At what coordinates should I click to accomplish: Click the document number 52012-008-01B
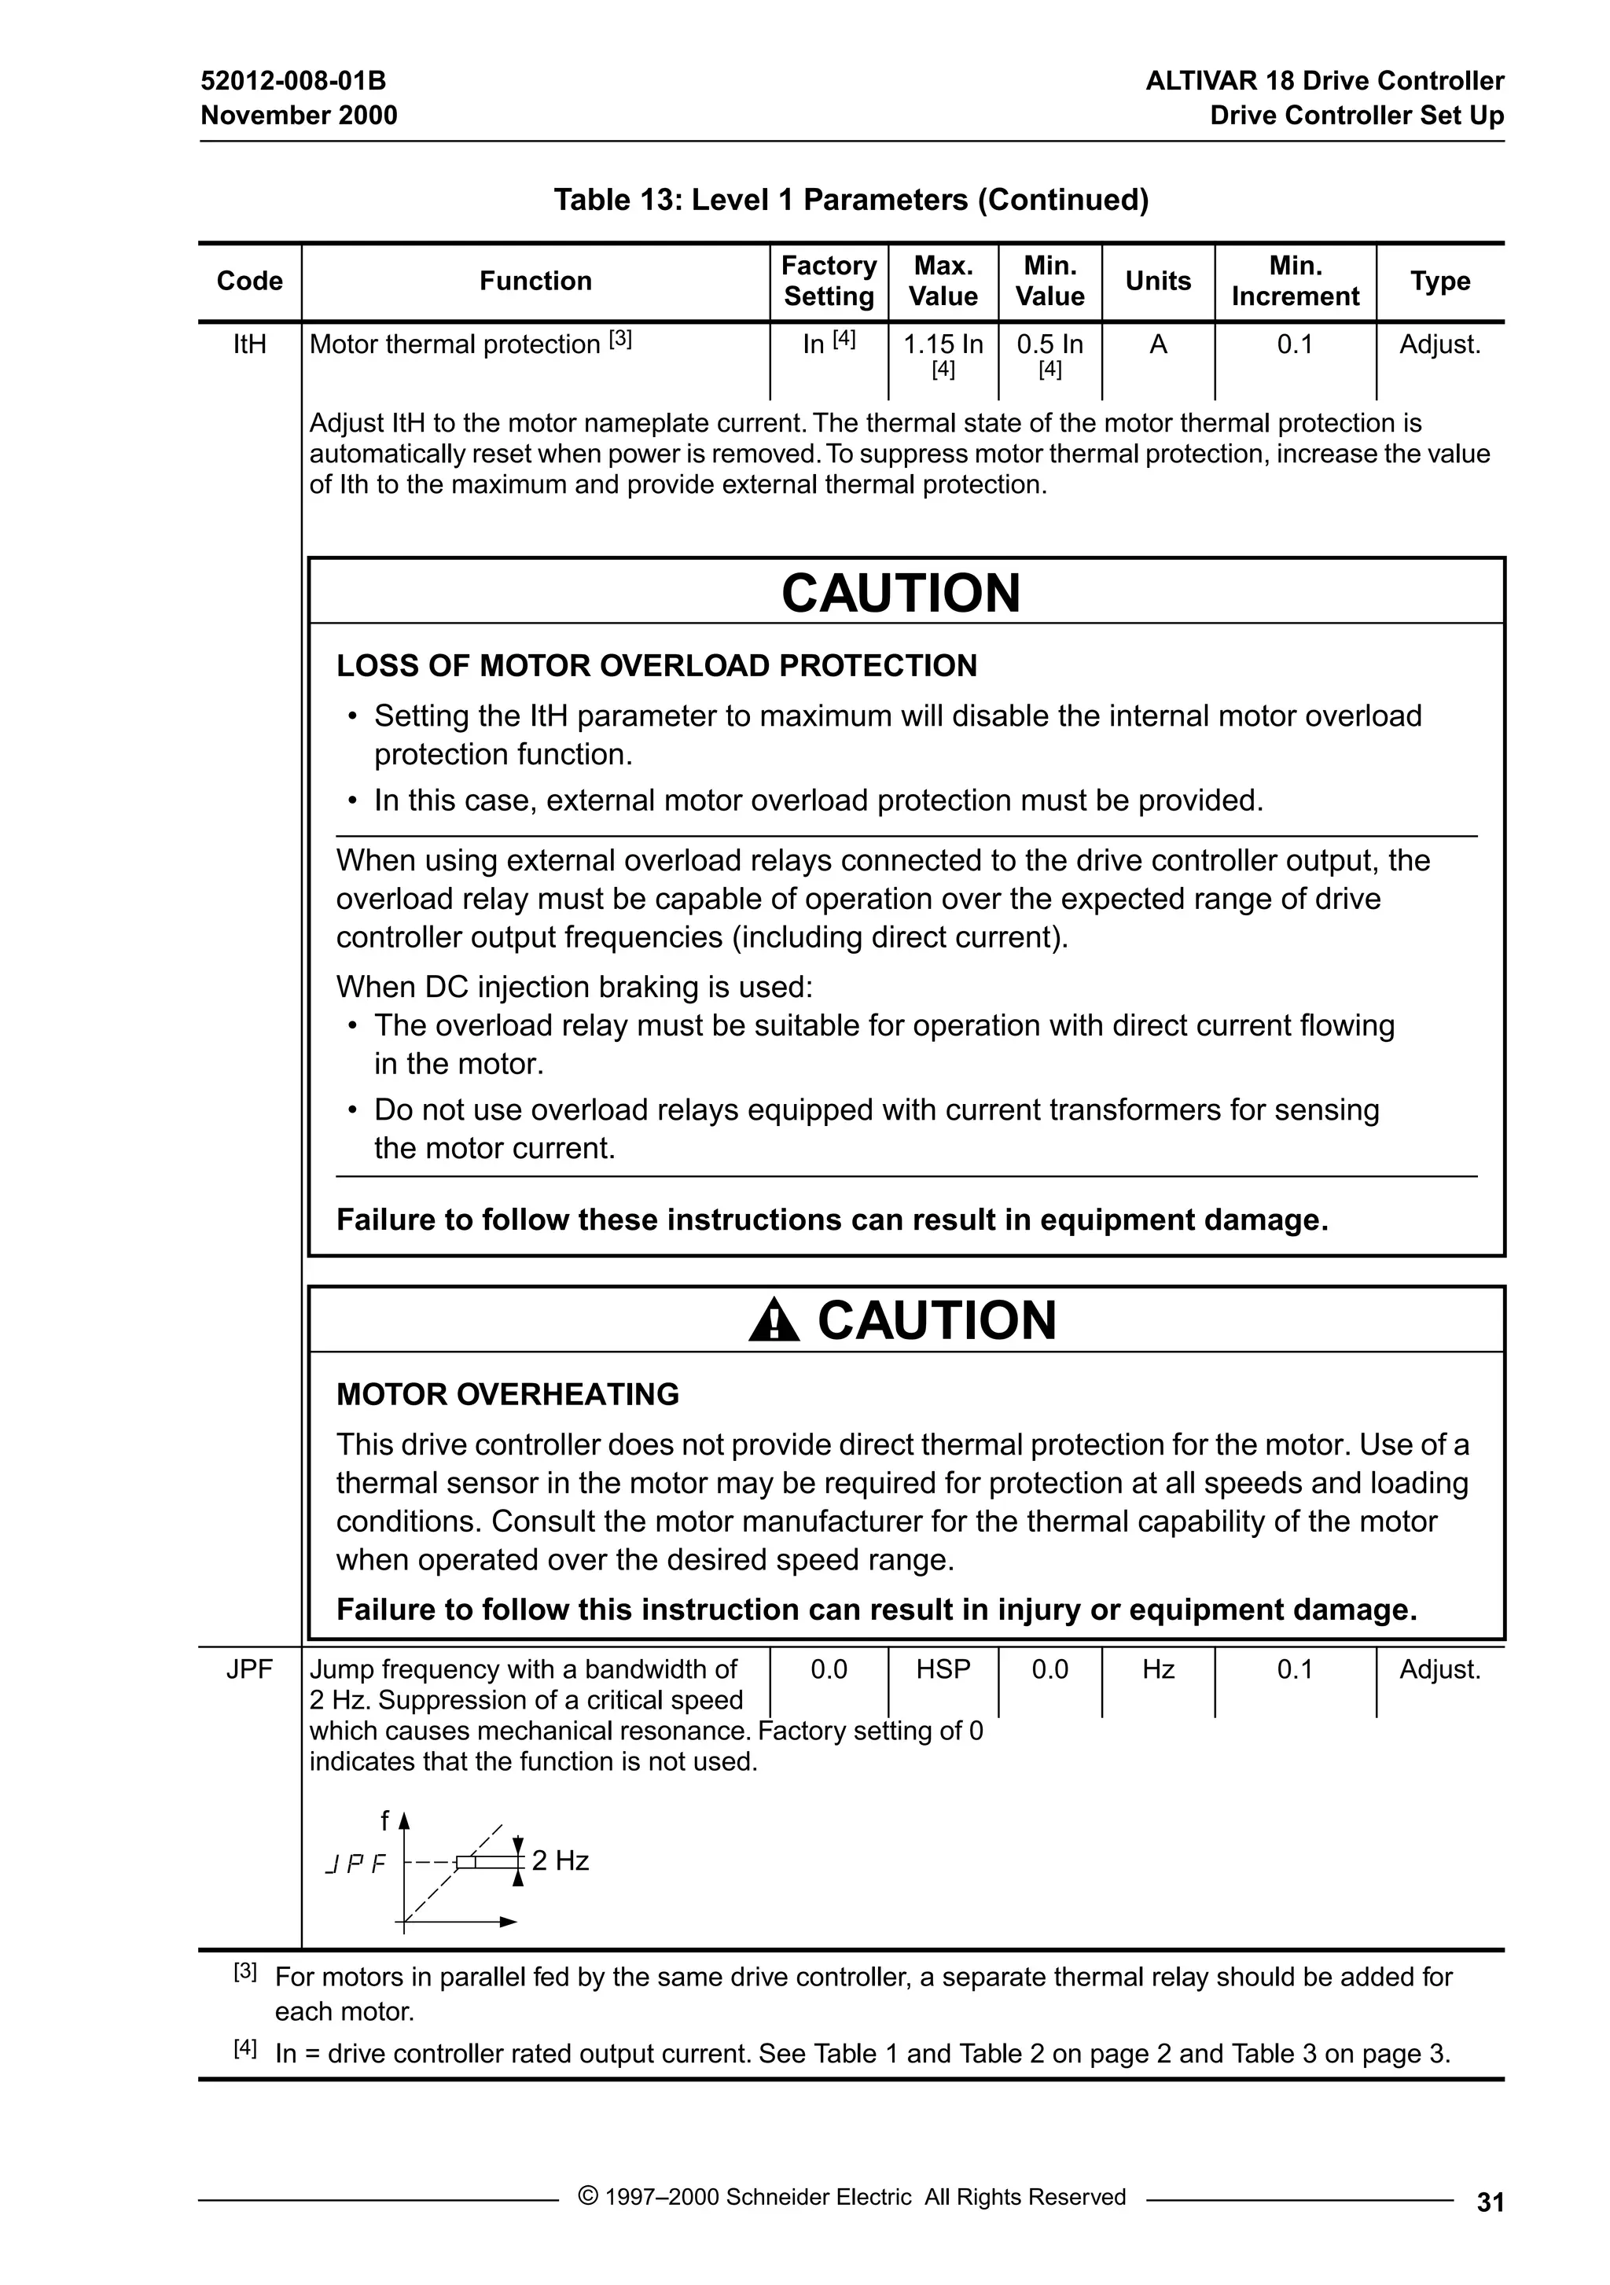(292, 81)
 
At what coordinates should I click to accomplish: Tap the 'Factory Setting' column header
(828, 281)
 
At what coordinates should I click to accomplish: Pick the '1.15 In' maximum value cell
(943, 345)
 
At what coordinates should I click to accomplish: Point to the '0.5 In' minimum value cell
(1049, 345)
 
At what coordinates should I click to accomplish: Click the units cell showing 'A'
(1157, 344)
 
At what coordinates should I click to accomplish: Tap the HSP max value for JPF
(943, 1670)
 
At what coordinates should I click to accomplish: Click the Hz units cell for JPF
(1157, 1670)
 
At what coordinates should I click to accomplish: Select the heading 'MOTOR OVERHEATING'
(508, 1394)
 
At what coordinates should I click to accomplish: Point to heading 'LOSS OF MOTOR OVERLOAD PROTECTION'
(656, 666)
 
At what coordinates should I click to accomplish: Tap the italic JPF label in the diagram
(355, 1865)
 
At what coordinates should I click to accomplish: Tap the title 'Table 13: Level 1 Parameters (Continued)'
(851, 200)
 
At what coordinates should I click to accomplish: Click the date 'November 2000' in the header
(299, 116)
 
